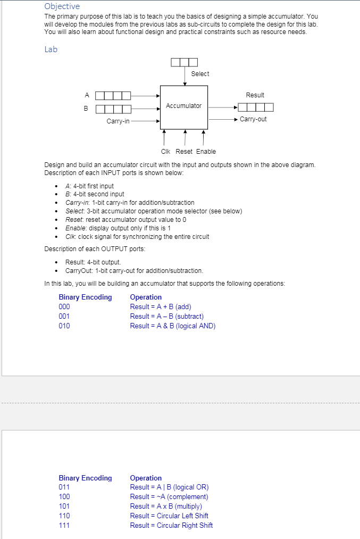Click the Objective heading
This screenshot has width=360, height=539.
pyautogui.click(x=62, y=6)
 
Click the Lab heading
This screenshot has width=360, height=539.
pyautogui.click(x=51, y=49)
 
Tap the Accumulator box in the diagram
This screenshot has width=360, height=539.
pyautogui.click(x=183, y=106)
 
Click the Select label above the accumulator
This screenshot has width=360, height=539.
pyautogui.click(x=200, y=74)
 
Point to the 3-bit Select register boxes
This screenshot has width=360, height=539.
pyautogui.click(x=184, y=62)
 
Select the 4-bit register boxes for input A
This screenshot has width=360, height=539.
pyautogui.click(x=113, y=96)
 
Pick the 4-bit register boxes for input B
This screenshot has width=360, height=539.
pyautogui.click(x=113, y=109)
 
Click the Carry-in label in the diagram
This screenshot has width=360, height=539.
pyautogui.click(x=118, y=121)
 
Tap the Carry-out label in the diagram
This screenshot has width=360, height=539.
pyautogui.click(x=253, y=119)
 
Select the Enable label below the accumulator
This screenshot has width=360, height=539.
pyautogui.click(x=206, y=152)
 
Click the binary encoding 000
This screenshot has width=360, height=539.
pyautogui.click(x=64, y=307)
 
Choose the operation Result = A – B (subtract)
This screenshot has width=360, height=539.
pyautogui.click(x=166, y=317)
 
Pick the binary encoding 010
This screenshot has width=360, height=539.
pyautogui.click(x=64, y=326)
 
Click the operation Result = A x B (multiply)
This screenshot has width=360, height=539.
pyautogui.click(x=166, y=507)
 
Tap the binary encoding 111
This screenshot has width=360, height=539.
pyautogui.click(x=64, y=526)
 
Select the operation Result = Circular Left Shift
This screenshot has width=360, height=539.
pyautogui.click(x=169, y=516)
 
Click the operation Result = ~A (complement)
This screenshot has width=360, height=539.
pyautogui.click(x=169, y=497)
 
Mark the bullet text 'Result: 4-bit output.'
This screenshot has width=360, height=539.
pyautogui.click(x=93, y=262)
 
